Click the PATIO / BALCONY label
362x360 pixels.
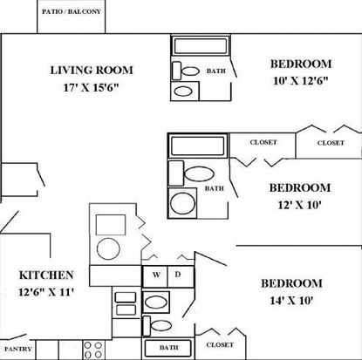click(x=72, y=12)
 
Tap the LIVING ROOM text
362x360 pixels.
click(x=92, y=71)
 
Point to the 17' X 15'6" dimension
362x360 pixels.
click(x=92, y=87)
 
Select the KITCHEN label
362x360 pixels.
click(x=46, y=275)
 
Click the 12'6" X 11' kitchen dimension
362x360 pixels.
click(x=45, y=292)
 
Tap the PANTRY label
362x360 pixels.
click(x=18, y=349)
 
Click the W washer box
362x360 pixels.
click(x=155, y=276)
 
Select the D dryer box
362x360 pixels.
click(x=181, y=276)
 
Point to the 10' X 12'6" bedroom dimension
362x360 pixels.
click(x=301, y=81)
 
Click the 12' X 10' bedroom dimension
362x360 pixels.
click(x=299, y=205)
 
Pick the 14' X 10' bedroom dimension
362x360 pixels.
click(x=291, y=301)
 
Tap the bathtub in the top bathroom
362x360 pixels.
click(x=201, y=46)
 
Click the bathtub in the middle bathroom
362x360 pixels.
click(x=197, y=146)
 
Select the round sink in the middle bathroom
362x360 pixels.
click(x=182, y=203)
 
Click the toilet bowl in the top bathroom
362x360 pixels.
click(x=190, y=71)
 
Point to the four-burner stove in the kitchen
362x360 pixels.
click(x=93, y=350)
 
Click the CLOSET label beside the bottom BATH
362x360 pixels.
click(x=220, y=345)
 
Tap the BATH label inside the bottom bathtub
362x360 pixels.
click(x=168, y=348)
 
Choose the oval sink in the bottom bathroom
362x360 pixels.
click(x=155, y=302)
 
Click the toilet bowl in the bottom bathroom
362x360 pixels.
click(x=161, y=325)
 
